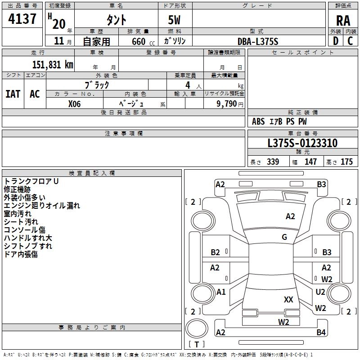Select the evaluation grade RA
pyautogui.click(x=343, y=20)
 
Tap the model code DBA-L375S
pyautogui.click(x=258, y=41)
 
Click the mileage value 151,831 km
pyautogui.click(x=52, y=64)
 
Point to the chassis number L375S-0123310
pyautogui.click(x=302, y=144)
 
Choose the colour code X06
pyautogui.click(x=74, y=103)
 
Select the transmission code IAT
pyautogui.click(x=13, y=94)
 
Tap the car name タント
pyautogui.click(x=116, y=20)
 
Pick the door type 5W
pyautogui.click(x=175, y=20)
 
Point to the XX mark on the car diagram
pyautogui.click(x=289, y=300)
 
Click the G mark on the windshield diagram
pyautogui.click(x=284, y=237)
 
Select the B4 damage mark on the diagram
pyautogui.click(x=321, y=333)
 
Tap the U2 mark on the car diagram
pyautogui.click(x=320, y=292)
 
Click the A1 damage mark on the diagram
pyautogui.click(x=221, y=292)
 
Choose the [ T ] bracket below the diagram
pyautogui.click(x=196, y=345)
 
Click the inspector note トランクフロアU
pyautogui.click(x=31, y=181)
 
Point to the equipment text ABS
pyautogui.click(x=258, y=121)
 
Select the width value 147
pyautogui.click(x=310, y=162)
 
